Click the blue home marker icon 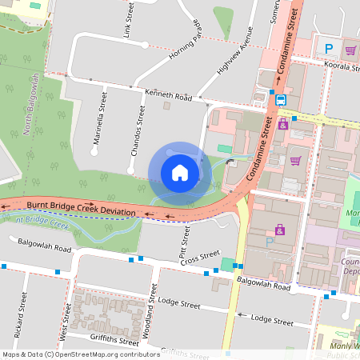[x=180, y=173]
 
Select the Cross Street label [x=199, y=258]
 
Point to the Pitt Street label [x=185, y=238]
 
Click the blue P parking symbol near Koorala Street [x=329, y=49]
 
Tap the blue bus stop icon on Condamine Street [x=282, y=100]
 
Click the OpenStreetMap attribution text [x=81, y=354]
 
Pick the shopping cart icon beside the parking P [x=350, y=49]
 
